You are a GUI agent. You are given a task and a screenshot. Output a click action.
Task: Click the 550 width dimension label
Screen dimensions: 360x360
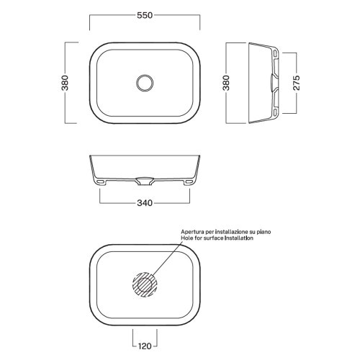tap(145, 15)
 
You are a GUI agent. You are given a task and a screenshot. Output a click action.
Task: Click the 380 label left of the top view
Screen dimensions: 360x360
tap(65, 83)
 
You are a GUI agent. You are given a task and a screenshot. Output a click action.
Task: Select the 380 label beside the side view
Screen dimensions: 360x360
tap(226, 83)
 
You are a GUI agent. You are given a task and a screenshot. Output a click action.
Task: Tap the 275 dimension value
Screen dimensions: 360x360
tap(297, 83)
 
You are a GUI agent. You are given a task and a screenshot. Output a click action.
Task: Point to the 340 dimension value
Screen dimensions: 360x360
tap(145, 203)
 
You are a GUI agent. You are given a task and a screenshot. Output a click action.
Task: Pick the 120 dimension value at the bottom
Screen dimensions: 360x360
tap(145, 346)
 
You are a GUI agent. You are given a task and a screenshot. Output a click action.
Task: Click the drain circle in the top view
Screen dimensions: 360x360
tap(145, 83)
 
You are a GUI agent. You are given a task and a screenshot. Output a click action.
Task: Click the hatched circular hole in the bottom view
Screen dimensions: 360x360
tap(145, 284)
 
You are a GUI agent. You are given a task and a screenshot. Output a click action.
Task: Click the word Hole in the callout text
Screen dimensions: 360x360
tap(186, 238)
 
